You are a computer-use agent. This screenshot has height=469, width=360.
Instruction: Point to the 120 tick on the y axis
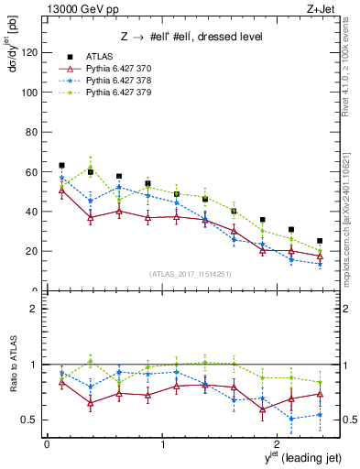pyautogui.click(x=31, y=52)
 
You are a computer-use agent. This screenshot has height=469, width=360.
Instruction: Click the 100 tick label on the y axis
pyautogui.click(x=31, y=93)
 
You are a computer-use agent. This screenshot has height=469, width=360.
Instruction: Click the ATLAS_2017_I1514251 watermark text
pyautogui.click(x=190, y=274)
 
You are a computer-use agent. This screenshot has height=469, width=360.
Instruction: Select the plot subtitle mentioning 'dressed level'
pyautogui.click(x=191, y=37)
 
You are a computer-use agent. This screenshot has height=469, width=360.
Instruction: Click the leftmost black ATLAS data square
pyautogui.click(x=61, y=166)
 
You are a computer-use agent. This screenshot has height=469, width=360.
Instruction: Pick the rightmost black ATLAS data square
pyautogui.click(x=320, y=241)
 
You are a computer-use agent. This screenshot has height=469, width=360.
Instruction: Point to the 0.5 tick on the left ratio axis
pyautogui.click(x=32, y=420)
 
